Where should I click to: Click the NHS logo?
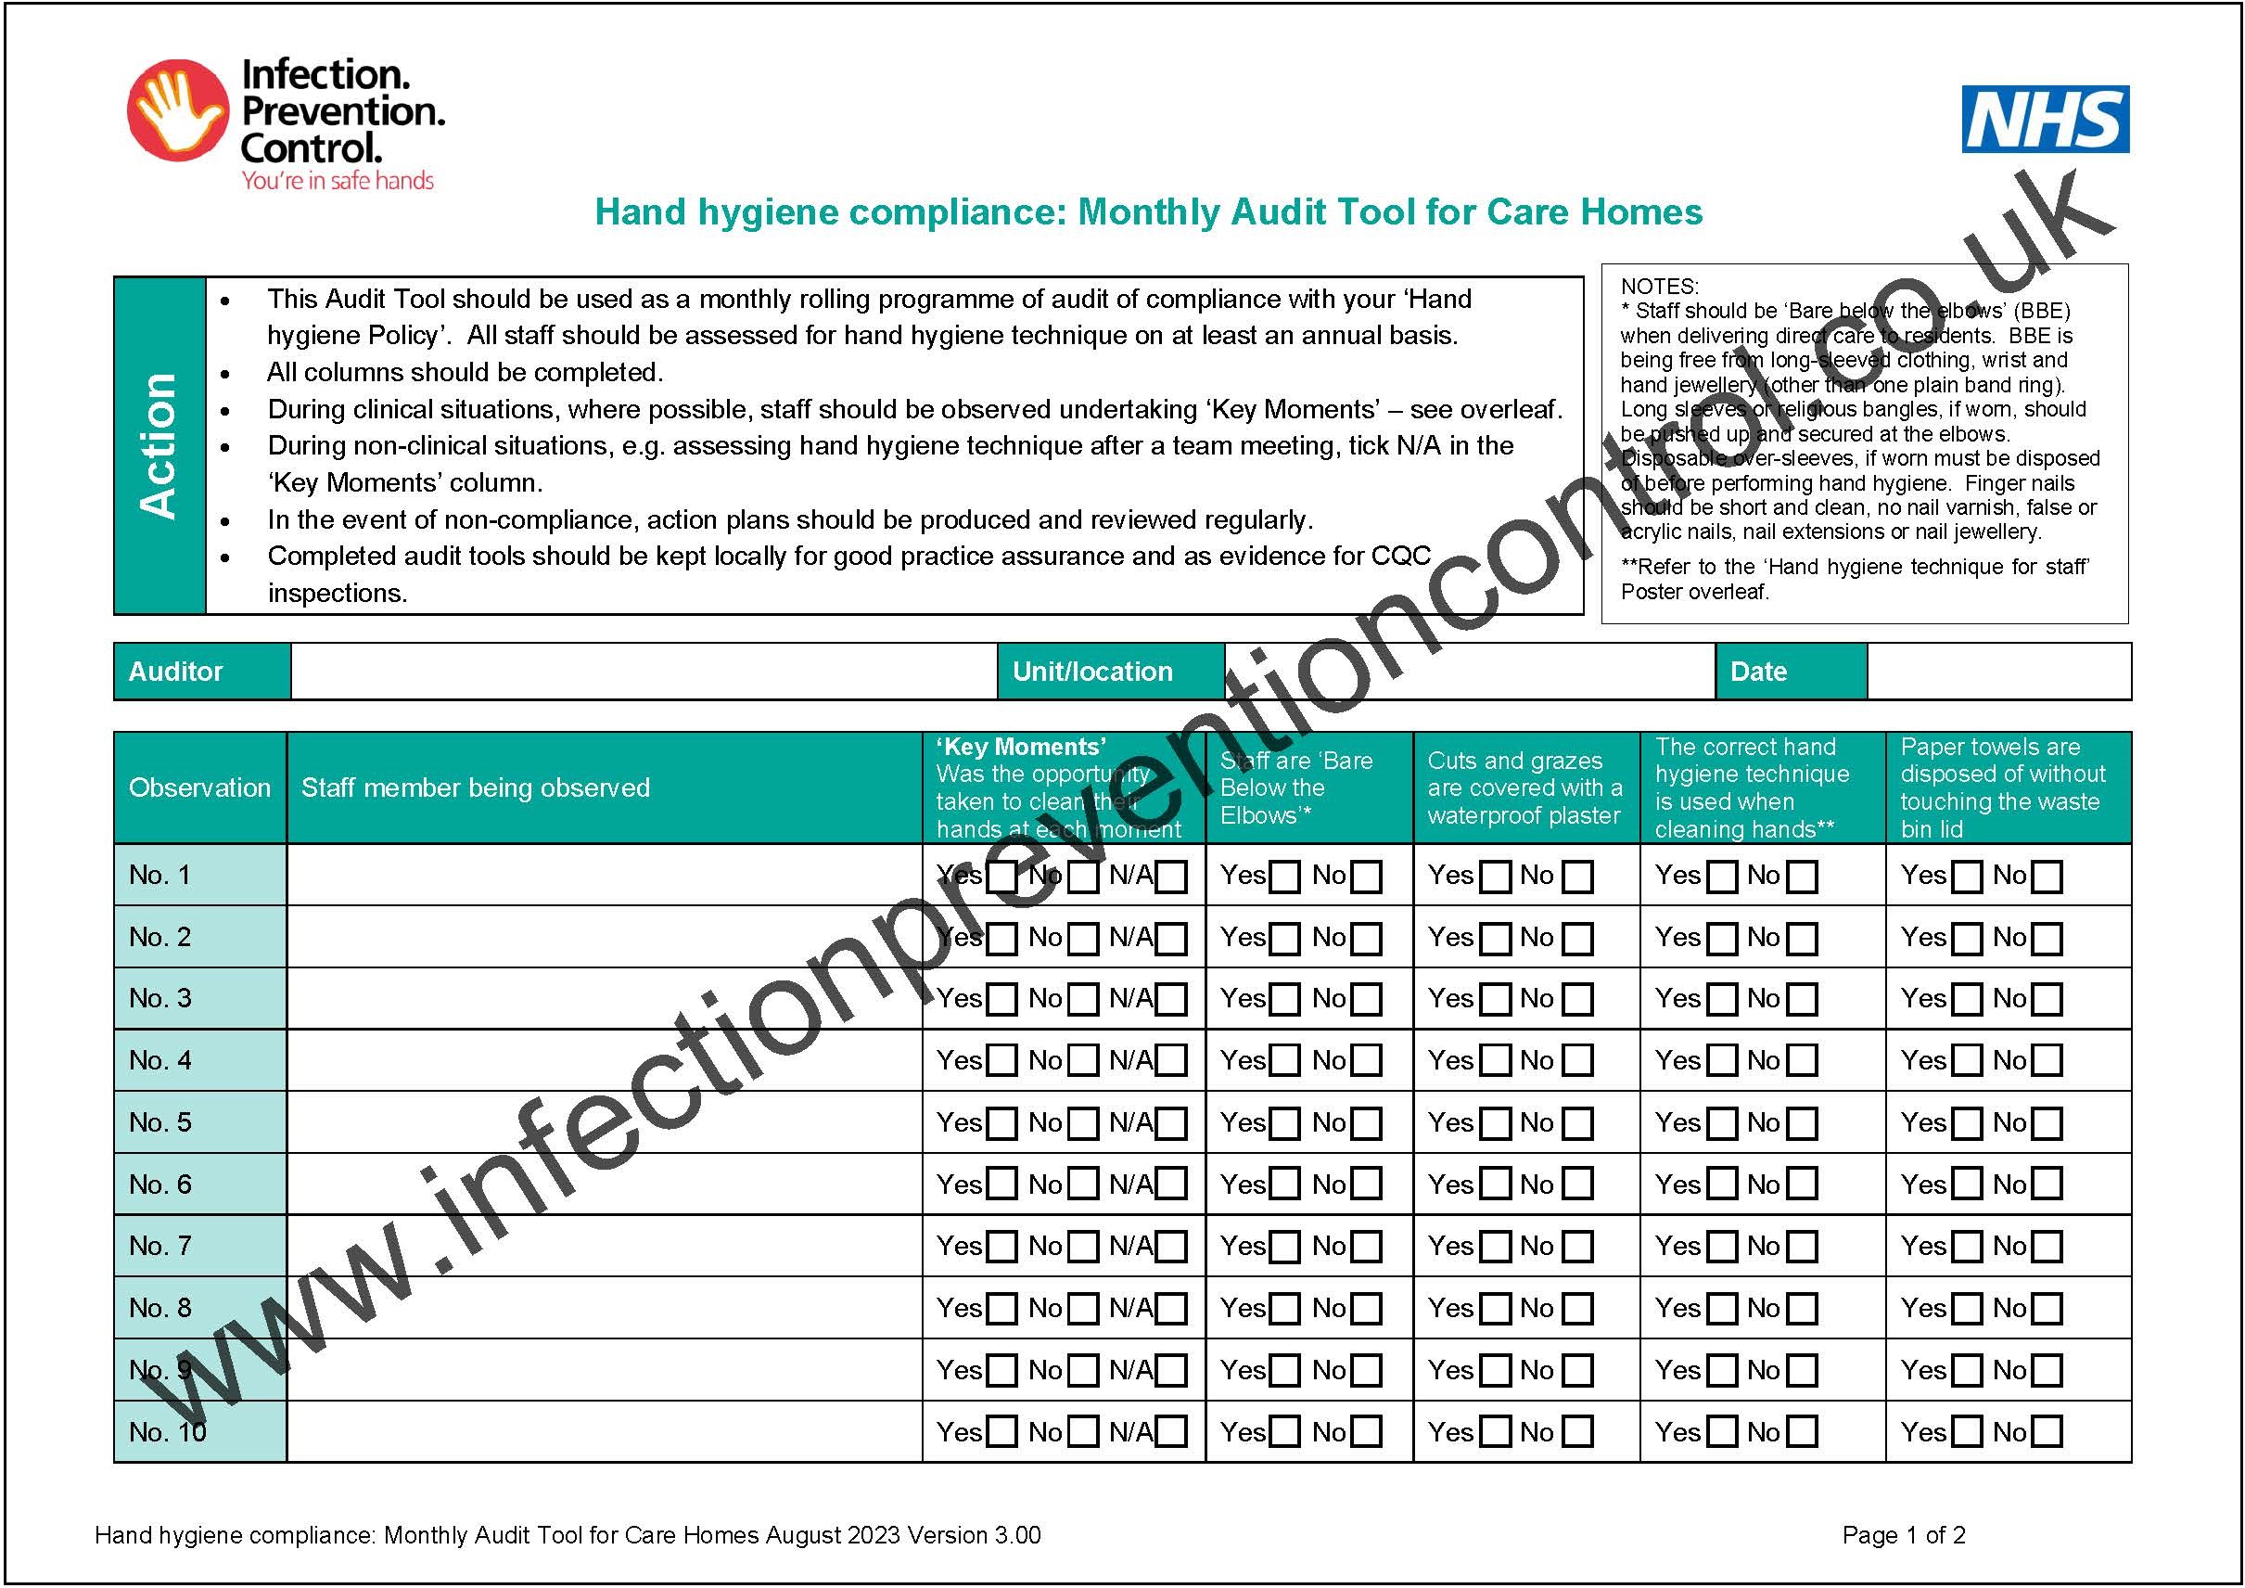2046,120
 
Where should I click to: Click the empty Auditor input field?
644,672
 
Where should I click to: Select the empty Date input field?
1997,672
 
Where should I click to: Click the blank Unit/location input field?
1470,672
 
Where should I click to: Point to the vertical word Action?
159,446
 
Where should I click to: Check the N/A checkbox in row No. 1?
1171,877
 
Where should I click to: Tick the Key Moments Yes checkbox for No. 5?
1002,1123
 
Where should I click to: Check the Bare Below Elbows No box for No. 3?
1367,999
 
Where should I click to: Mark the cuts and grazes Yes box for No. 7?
1495,1247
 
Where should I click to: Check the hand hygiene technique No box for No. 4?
1802,1061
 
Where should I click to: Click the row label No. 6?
160,1185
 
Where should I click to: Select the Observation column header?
199,788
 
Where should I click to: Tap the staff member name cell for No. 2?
605,937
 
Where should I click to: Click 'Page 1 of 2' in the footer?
1903,1535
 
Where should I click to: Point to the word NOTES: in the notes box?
1659,287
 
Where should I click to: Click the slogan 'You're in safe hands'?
338,181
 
